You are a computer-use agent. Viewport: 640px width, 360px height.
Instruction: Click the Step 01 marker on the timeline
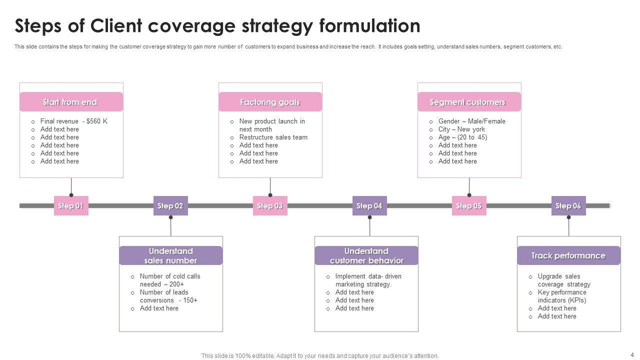71,206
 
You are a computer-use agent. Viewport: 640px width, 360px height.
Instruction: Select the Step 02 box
170,206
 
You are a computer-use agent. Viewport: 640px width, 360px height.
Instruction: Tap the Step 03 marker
270,206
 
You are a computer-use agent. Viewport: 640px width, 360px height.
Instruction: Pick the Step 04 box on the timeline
369,206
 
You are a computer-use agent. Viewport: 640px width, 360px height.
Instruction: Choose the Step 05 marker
469,206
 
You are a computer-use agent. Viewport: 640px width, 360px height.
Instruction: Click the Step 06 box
568,206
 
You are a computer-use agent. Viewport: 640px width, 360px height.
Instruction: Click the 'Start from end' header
71,102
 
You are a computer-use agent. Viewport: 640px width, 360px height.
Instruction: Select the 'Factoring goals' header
270,102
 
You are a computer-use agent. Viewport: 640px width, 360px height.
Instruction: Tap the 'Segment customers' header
469,102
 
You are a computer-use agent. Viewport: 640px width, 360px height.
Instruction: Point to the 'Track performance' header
568,255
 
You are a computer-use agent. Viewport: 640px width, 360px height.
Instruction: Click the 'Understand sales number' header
170,255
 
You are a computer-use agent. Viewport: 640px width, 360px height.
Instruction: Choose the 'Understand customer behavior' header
366,255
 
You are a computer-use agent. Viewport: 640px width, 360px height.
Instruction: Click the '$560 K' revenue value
97,121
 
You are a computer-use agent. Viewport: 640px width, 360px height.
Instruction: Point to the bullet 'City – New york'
461,129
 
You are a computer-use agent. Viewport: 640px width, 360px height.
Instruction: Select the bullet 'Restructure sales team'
273,137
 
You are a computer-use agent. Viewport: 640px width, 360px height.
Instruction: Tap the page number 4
632,354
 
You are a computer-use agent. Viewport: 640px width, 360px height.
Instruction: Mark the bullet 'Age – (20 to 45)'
462,137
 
